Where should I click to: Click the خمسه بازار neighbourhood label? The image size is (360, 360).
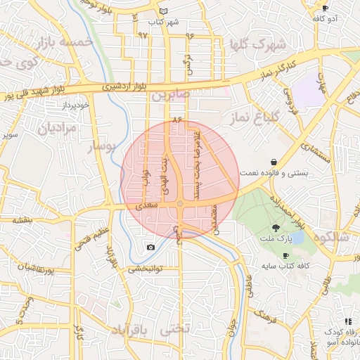[67, 41]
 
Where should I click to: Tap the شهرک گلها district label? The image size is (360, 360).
[258, 45]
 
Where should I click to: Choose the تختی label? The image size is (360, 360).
[176, 328]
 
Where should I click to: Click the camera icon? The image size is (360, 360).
[150, 247]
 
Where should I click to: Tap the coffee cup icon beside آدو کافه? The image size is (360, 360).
[325, 7]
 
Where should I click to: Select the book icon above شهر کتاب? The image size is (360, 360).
[164, 11]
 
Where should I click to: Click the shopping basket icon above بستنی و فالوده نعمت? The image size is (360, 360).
[273, 162]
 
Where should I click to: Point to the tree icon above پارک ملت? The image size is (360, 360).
[276, 227]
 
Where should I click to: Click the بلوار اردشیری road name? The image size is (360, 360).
[122, 86]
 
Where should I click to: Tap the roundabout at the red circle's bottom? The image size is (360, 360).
[180, 204]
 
